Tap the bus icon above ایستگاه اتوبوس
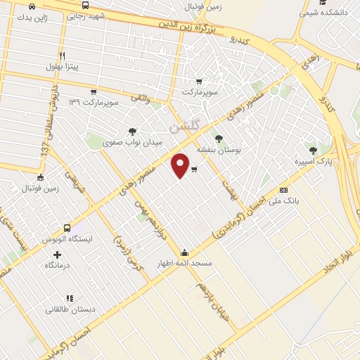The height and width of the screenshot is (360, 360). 67,228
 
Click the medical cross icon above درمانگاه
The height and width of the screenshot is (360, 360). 58,254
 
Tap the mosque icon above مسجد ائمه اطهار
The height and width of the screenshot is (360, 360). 185,253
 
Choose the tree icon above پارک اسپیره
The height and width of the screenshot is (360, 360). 312,150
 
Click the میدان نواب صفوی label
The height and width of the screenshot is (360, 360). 132,143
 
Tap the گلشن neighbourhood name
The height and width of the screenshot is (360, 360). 185,127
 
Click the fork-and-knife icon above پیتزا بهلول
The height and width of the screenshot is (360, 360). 62,56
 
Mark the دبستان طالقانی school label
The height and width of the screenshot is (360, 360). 67,309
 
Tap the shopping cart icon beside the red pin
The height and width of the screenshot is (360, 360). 194,169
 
